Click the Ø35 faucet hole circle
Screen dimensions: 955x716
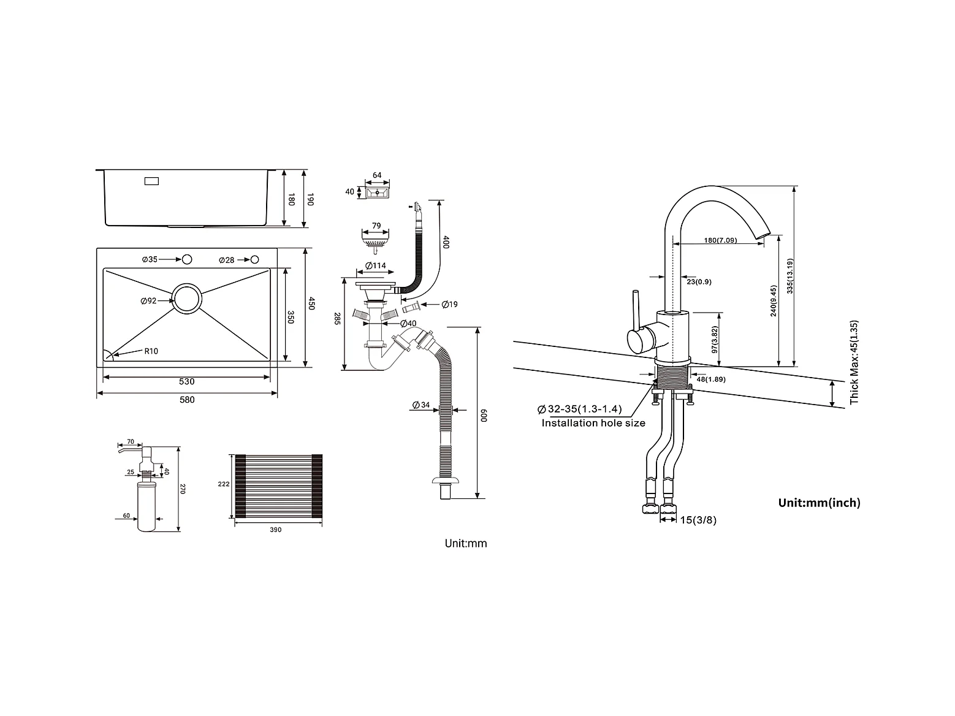[x=187, y=259]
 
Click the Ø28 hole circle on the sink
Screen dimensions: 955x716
[x=255, y=260]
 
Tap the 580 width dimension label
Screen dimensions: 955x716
[x=187, y=400]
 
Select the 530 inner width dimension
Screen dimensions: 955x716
[x=187, y=381]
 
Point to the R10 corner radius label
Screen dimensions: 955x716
[x=151, y=351]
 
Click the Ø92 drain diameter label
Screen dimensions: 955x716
[x=148, y=300]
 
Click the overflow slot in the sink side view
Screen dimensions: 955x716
[x=151, y=181]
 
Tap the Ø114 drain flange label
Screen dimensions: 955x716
[x=376, y=265]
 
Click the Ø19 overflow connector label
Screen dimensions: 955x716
[x=449, y=305]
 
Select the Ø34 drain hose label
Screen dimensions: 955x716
[x=420, y=405]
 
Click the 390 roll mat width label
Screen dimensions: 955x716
[x=275, y=530]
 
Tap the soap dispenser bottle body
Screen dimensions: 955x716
[x=146, y=506]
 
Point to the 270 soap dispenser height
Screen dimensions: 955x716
[x=182, y=489]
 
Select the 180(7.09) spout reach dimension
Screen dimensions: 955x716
[x=720, y=240]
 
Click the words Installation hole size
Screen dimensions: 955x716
[x=593, y=423]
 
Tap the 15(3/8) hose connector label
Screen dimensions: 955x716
[x=698, y=520]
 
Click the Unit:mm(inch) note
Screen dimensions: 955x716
[x=819, y=503]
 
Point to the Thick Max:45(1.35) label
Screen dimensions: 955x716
[x=854, y=362]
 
